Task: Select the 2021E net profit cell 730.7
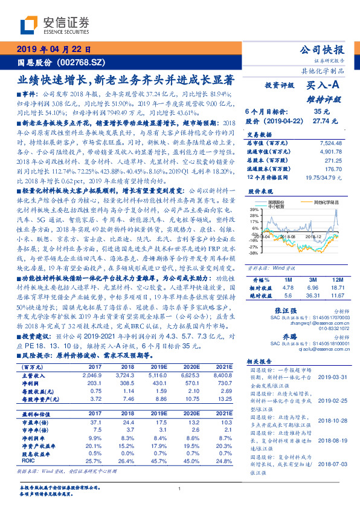point(225,383)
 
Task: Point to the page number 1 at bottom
point(180,489)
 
